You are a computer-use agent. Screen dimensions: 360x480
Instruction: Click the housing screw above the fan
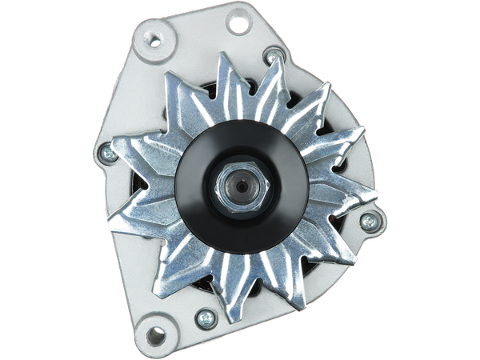275,55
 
